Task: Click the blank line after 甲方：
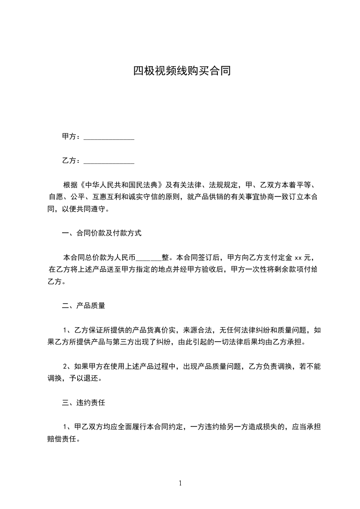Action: pos(109,137)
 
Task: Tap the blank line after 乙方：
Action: pos(109,161)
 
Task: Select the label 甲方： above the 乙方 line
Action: pos(72,137)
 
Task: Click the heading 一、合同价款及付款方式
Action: pos(102,233)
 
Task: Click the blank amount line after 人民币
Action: pos(149,258)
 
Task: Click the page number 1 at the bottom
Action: pos(180,483)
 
